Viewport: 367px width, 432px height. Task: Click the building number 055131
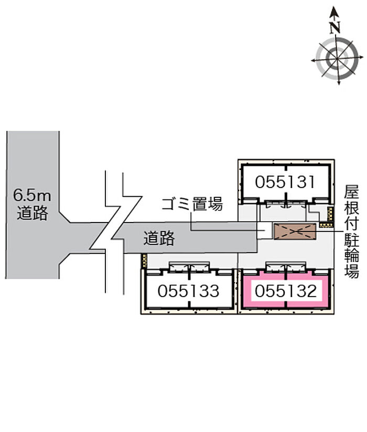[285, 182]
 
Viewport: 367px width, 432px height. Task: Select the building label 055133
[188, 291]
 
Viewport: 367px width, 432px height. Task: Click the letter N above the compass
[335, 27]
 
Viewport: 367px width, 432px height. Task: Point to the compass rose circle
[337, 59]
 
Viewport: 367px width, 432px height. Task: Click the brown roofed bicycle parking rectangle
[295, 231]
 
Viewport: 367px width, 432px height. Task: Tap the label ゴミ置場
[192, 204]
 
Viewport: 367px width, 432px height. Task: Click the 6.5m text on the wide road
[32, 196]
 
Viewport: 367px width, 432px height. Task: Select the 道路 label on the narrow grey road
[159, 238]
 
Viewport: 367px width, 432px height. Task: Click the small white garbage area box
[264, 230]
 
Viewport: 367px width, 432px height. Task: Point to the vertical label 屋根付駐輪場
[352, 231]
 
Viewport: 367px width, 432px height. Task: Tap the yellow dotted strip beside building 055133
[144, 260]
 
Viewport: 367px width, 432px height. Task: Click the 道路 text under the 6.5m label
[33, 213]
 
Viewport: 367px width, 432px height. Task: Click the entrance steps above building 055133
[189, 267]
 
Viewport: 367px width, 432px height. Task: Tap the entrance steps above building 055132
[286, 267]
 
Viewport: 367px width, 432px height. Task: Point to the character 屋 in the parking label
[352, 192]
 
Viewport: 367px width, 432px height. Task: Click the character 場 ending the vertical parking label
[352, 271]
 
